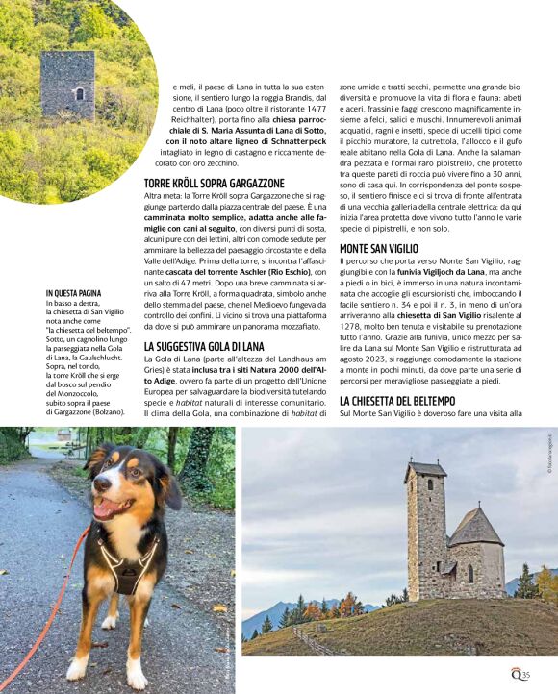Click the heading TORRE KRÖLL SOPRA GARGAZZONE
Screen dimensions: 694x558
[x=214, y=182]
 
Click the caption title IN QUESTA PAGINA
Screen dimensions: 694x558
[x=73, y=293]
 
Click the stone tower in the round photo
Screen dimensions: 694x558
[x=67, y=84]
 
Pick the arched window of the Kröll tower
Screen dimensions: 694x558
[x=78, y=94]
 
